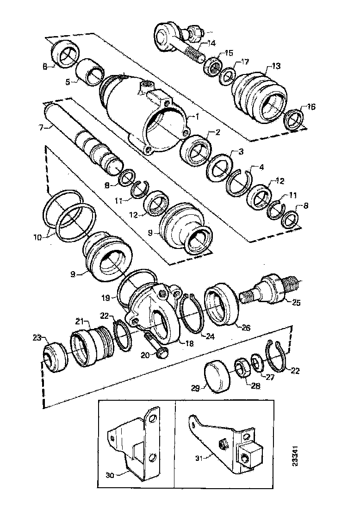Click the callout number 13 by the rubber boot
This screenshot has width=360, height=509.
[276, 67]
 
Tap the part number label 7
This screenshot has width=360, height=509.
[40, 126]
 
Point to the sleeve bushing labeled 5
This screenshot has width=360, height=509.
[89, 72]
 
